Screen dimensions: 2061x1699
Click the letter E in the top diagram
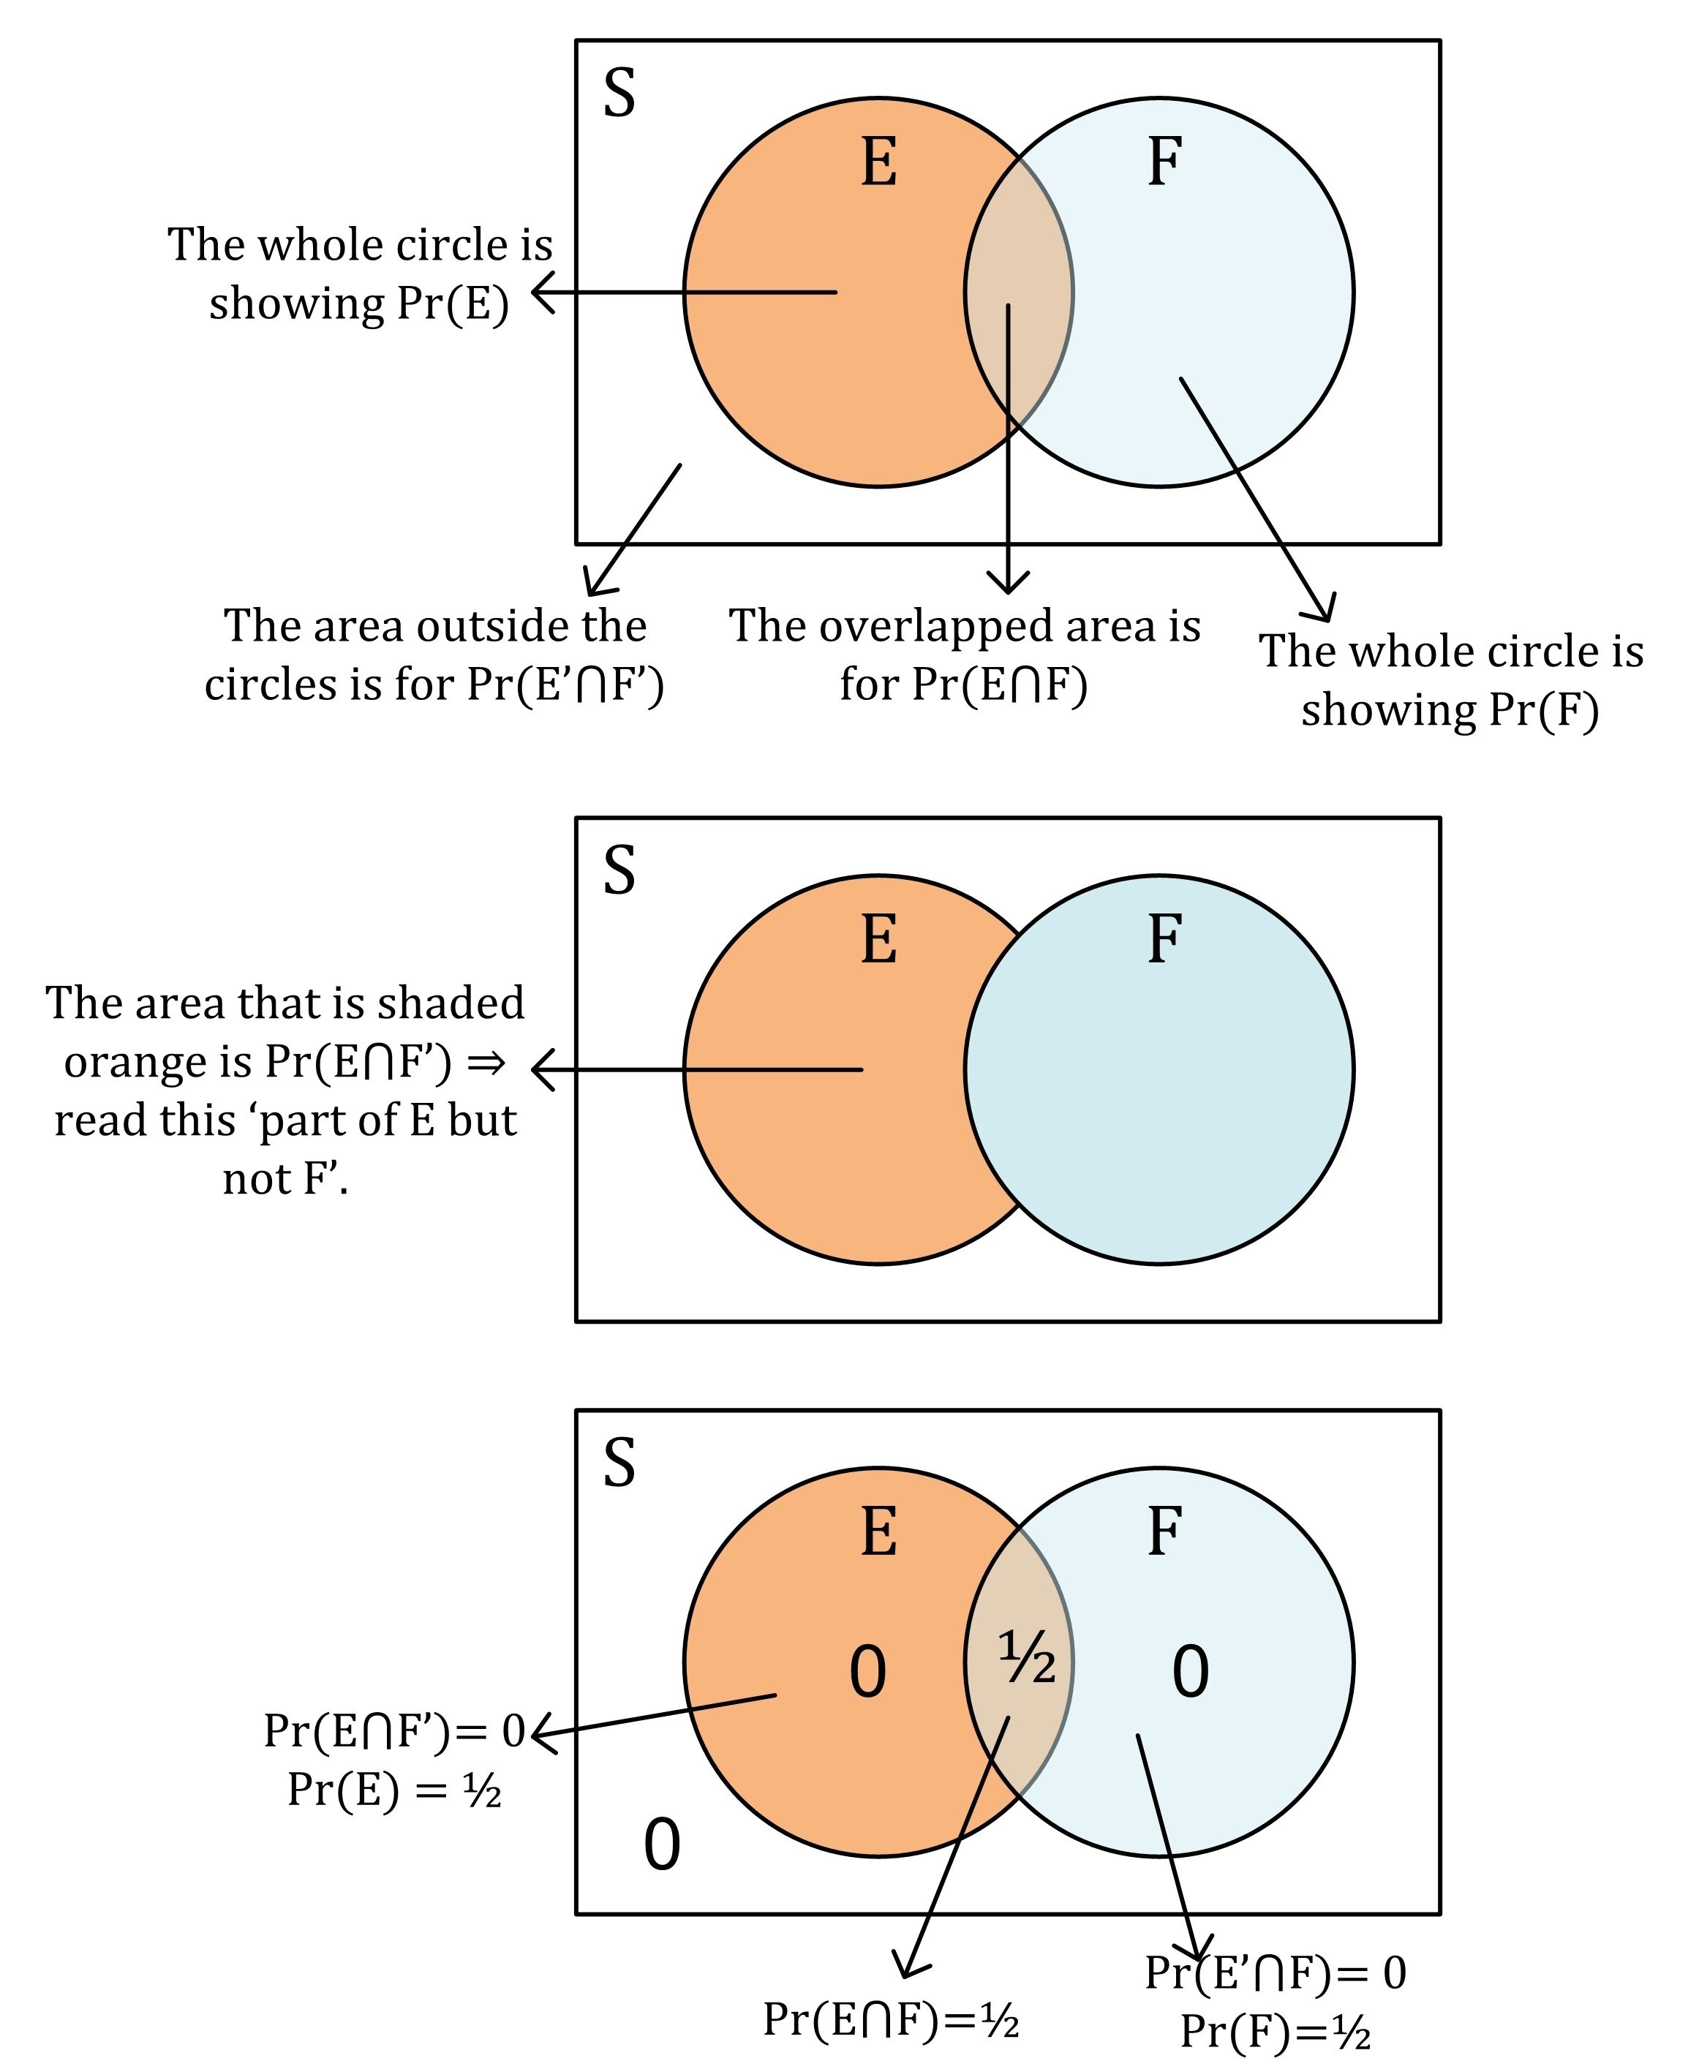(879, 162)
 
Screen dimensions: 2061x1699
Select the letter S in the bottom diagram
(619, 1464)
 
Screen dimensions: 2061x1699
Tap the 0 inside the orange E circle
(867, 1671)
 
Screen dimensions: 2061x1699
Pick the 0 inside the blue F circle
(1190, 1671)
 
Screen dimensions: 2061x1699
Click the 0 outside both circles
(662, 1846)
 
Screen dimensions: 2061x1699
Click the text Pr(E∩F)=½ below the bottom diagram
(891, 2018)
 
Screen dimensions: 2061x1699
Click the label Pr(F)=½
(1276, 2032)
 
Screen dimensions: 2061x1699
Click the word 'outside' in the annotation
(435, 626)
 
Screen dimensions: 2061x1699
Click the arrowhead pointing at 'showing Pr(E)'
(541, 292)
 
